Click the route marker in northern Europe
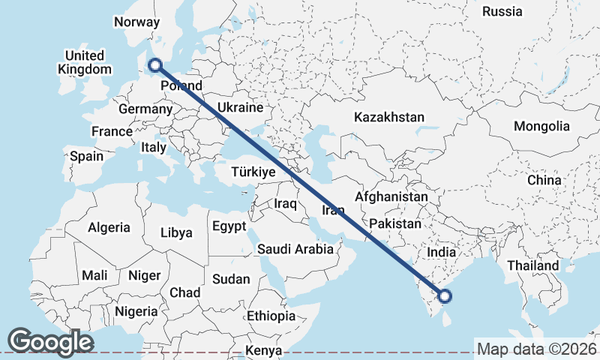point(155,66)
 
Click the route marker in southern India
point(444,297)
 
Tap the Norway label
point(137,22)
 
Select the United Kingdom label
point(84,63)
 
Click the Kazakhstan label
point(390,117)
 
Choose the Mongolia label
point(541,127)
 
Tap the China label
point(544,180)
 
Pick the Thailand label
point(532,265)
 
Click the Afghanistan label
point(391,196)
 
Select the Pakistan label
point(395,223)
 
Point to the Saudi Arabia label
point(295,249)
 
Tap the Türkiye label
point(253,172)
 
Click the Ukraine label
point(240,108)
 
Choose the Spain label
point(86,157)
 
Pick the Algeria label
point(109,227)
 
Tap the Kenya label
point(264,350)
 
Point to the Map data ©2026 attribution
point(537,349)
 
